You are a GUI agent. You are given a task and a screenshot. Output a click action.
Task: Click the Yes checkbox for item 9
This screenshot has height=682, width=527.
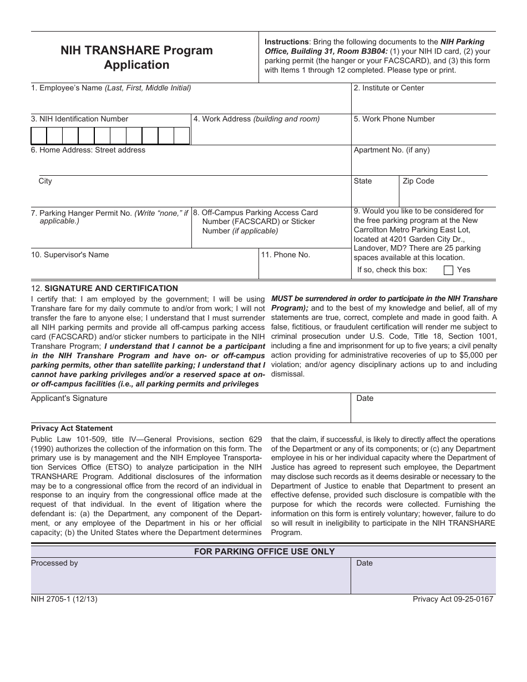pos(449,270)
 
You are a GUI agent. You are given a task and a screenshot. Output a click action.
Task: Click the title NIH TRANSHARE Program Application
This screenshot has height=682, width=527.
pos(136,58)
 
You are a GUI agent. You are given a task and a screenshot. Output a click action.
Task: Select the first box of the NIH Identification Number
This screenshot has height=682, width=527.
pos(38,136)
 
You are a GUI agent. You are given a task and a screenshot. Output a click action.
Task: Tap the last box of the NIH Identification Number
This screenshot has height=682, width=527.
pos(182,136)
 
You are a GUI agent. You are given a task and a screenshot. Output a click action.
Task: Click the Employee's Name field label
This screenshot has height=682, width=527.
pos(111,88)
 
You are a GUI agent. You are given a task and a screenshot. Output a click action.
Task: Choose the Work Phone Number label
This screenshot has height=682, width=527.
pos(394,119)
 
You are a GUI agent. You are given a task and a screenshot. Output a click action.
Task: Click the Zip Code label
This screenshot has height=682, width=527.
pos(418,181)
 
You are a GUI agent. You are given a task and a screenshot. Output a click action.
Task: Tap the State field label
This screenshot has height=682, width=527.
pos(363,181)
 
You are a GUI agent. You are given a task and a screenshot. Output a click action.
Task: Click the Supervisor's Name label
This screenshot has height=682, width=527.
pos(70,255)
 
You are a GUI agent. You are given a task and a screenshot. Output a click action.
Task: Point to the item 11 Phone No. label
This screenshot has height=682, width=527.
pos(286,255)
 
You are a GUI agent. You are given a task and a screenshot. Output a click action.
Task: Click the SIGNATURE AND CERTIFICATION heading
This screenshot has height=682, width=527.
pos(111,288)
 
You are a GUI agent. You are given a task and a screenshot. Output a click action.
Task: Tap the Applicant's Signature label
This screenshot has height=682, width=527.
pos(69,398)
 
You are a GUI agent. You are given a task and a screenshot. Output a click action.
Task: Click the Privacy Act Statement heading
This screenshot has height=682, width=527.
pos(72,428)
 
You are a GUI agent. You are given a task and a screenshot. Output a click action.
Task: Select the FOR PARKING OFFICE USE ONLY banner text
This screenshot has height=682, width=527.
pos(264,551)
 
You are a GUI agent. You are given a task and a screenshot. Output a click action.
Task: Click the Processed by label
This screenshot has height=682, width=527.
pos(54,563)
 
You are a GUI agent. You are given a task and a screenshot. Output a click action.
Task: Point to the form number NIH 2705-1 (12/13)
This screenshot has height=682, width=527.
pos(64,599)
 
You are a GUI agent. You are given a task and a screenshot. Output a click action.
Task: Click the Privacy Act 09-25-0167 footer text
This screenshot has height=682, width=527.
pos(453,599)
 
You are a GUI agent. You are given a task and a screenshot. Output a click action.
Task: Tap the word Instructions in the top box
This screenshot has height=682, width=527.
pos(286,42)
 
